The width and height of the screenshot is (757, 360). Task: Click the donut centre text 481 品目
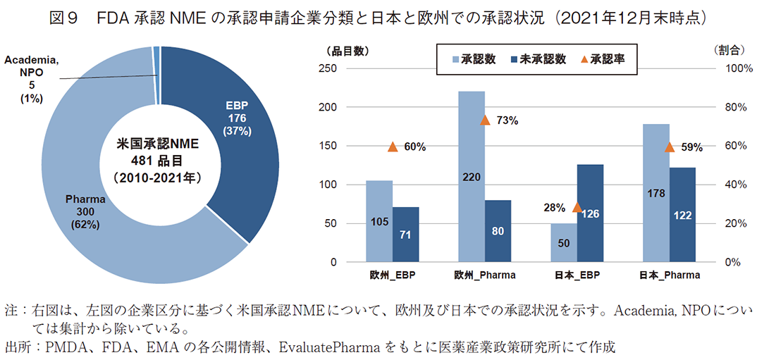pyautogui.click(x=159, y=160)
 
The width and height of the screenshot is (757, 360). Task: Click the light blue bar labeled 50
pyautogui.click(x=564, y=243)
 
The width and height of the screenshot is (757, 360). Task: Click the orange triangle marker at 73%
pyautogui.click(x=485, y=120)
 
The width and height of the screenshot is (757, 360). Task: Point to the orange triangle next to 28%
pyautogui.click(x=577, y=207)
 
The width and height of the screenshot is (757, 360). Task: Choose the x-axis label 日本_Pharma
pyautogui.click(x=670, y=275)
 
